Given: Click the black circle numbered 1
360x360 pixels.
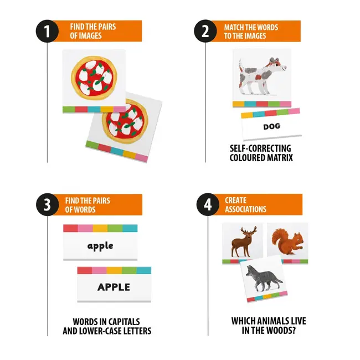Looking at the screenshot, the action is [47, 31].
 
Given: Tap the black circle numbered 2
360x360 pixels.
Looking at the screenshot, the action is [205, 31].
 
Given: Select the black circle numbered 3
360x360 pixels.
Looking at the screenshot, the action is [47, 204].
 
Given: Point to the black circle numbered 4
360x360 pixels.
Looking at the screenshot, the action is [208, 204].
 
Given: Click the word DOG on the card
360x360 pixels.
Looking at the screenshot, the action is [271, 126].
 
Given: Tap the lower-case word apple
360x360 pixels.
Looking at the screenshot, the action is [100, 246].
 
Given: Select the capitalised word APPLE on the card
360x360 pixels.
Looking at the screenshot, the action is [114, 287].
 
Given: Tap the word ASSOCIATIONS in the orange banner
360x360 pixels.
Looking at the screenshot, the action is [245, 209].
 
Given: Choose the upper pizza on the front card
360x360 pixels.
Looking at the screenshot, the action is [94, 78].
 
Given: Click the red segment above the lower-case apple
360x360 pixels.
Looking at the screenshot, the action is [71, 228].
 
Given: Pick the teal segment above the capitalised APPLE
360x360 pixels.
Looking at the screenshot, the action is [144, 270].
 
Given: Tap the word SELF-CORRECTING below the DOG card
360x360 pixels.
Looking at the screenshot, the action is [260, 148].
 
